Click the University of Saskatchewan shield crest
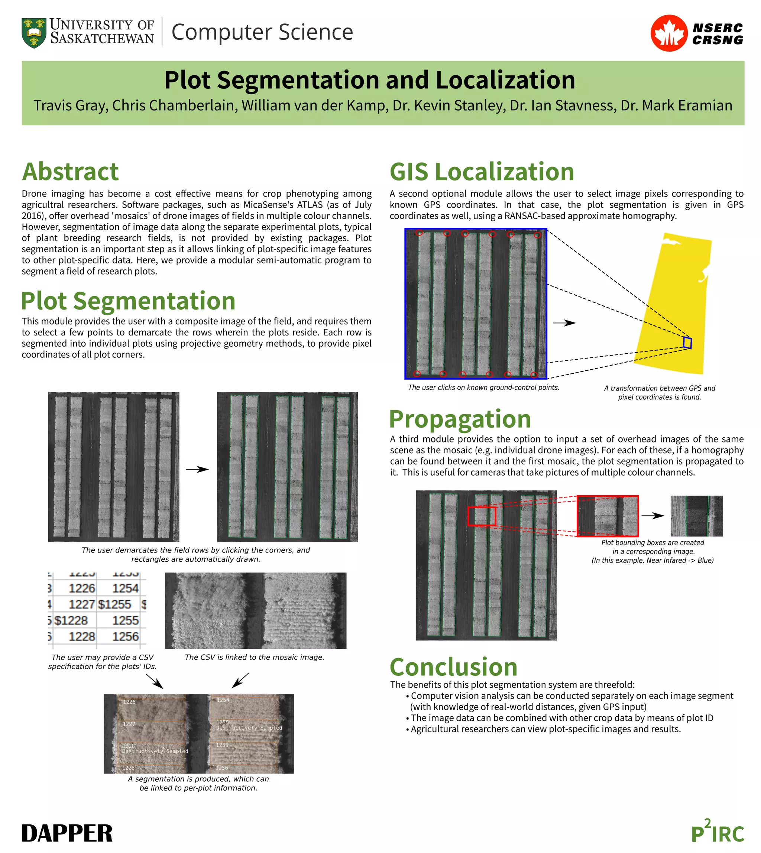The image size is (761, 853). point(34,33)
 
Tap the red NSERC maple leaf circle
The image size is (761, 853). point(668,33)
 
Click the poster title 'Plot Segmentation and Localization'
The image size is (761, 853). point(370,80)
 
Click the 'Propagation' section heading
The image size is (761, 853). point(460,419)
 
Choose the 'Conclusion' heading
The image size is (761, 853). point(454,667)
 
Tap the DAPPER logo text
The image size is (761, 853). point(67,833)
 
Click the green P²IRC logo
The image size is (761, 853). point(718,832)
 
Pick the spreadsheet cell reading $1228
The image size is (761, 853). point(71,620)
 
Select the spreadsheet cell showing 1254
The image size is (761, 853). point(125,588)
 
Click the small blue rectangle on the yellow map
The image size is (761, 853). point(687,343)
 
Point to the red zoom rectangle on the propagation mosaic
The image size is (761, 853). point(482,516)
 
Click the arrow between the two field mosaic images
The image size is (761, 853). point(197,469)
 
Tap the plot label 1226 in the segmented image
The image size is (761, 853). point(129,702)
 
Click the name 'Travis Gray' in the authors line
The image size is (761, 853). point(71,106)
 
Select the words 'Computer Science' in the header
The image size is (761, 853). point(262,32)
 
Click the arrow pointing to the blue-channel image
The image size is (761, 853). point(653,516)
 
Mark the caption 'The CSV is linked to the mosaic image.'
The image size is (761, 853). point(254,657)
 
